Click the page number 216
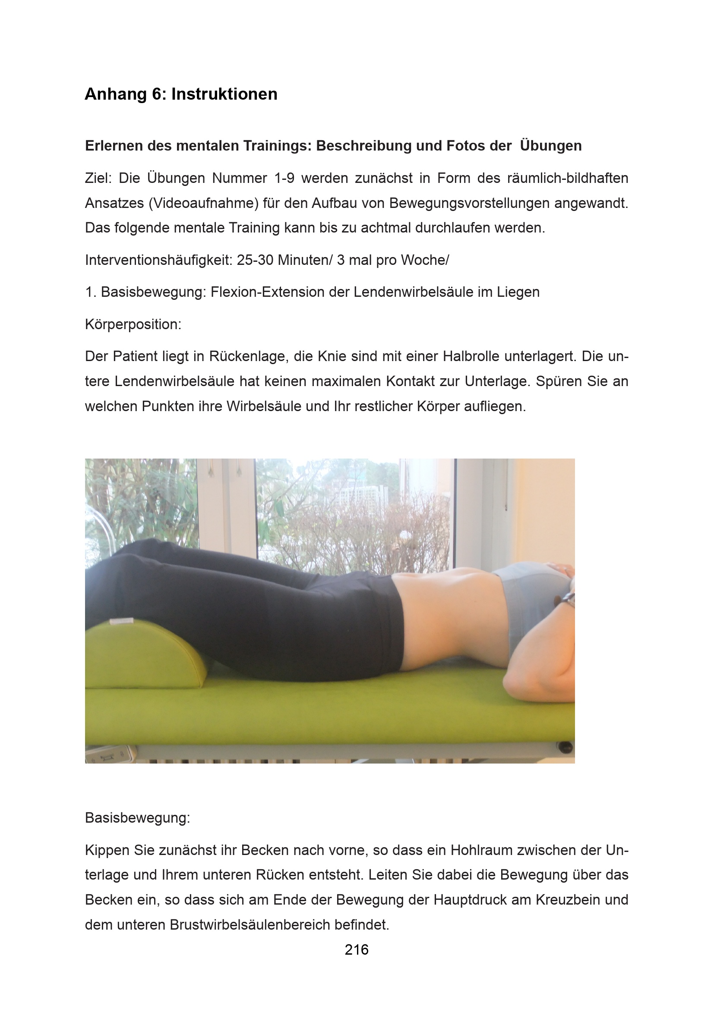(x=357, y=949)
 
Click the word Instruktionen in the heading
(x=224, y=94)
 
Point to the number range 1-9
(x=284, y=179)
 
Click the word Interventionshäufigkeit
(x=158, y=260)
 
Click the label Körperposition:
(x=133, y=324)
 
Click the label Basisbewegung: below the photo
(x=137, y=817)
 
